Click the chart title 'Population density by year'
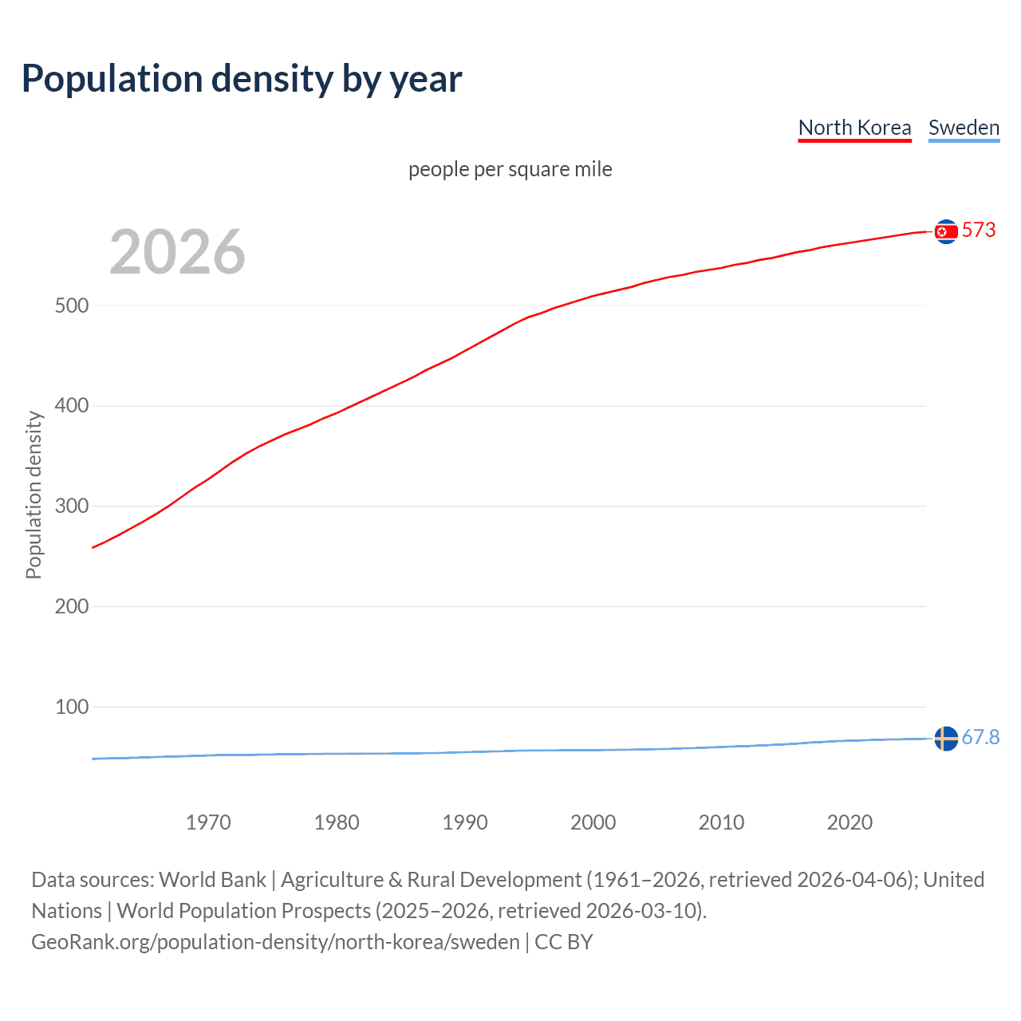point(242,79)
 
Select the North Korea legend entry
point(854,128)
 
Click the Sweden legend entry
point(964,128)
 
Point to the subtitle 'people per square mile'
point(510,169)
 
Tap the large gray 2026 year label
point(177,252)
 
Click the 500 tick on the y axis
point(72,306)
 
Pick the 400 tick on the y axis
point(72,406)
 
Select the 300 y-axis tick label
point(72,507)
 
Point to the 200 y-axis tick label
point(72,606)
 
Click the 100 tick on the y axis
point(72,707)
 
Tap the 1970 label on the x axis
point(208,822)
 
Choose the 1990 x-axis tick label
point(465,822)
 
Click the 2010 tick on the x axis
point(721,822)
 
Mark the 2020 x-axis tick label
point(850,822)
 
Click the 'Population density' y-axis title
point(34,495)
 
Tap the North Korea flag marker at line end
point(946,231)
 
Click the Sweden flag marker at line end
point(946,739)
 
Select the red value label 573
point(979,231)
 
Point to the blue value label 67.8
point(980,738)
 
